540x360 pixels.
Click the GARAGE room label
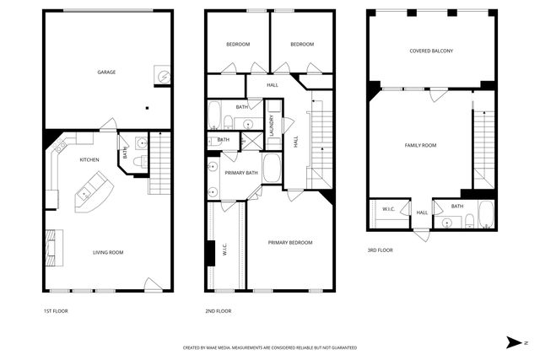tap(105, 72)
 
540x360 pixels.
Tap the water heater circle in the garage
tap(163, 76)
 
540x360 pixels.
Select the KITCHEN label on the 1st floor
tap(89, 159)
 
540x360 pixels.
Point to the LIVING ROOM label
tap(108, 252)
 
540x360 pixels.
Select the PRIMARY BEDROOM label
tap(290, 242)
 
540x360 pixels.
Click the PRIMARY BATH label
tap(241, 173)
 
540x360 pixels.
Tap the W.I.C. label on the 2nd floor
tap(224, 250)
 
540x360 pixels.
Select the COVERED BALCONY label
tap(431, 51)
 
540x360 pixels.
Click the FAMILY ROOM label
tap(420, 145)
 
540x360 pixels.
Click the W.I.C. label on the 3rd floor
tap(389, 209)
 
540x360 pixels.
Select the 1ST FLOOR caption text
tap(57, 310)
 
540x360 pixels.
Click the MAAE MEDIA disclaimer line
tap(270, 347)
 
